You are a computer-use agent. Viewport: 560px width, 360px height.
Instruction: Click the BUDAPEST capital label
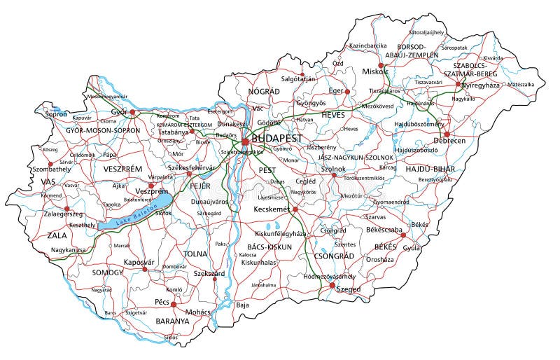click(x=277, y=139)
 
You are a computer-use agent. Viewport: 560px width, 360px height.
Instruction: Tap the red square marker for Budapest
click(x=245, y=141)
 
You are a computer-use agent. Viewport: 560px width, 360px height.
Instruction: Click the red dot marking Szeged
click(x=332, y=285)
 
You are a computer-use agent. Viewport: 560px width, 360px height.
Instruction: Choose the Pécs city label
click(x=162, y=303)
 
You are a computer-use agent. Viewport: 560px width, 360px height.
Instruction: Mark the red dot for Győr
click(x=132, y=111)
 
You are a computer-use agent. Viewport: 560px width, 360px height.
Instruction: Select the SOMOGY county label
click(x=107, y=272)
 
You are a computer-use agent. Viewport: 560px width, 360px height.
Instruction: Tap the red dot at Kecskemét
click(x=295, y=209)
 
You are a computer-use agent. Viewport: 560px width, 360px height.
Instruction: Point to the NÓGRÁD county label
click(x=263, y=91)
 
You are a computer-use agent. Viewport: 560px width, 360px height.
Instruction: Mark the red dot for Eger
click(x=346, y=91)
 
